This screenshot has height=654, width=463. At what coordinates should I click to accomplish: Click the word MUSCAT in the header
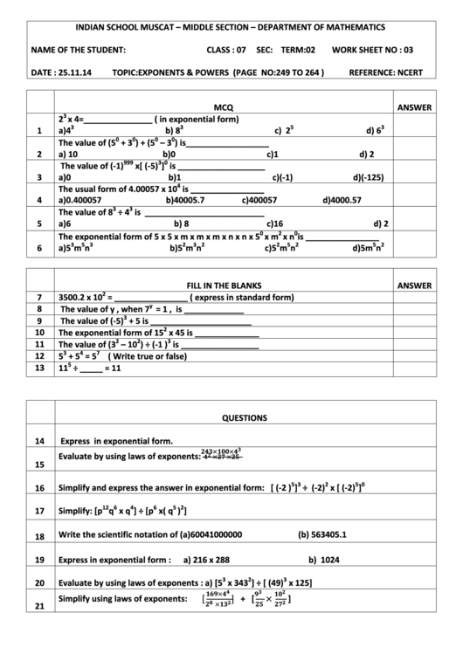point(167,28)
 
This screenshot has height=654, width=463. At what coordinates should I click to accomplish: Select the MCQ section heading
point(225,107)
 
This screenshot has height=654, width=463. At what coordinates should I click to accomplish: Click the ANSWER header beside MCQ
point(413,107)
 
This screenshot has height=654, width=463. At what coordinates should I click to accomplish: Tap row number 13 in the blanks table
point(39,368)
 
